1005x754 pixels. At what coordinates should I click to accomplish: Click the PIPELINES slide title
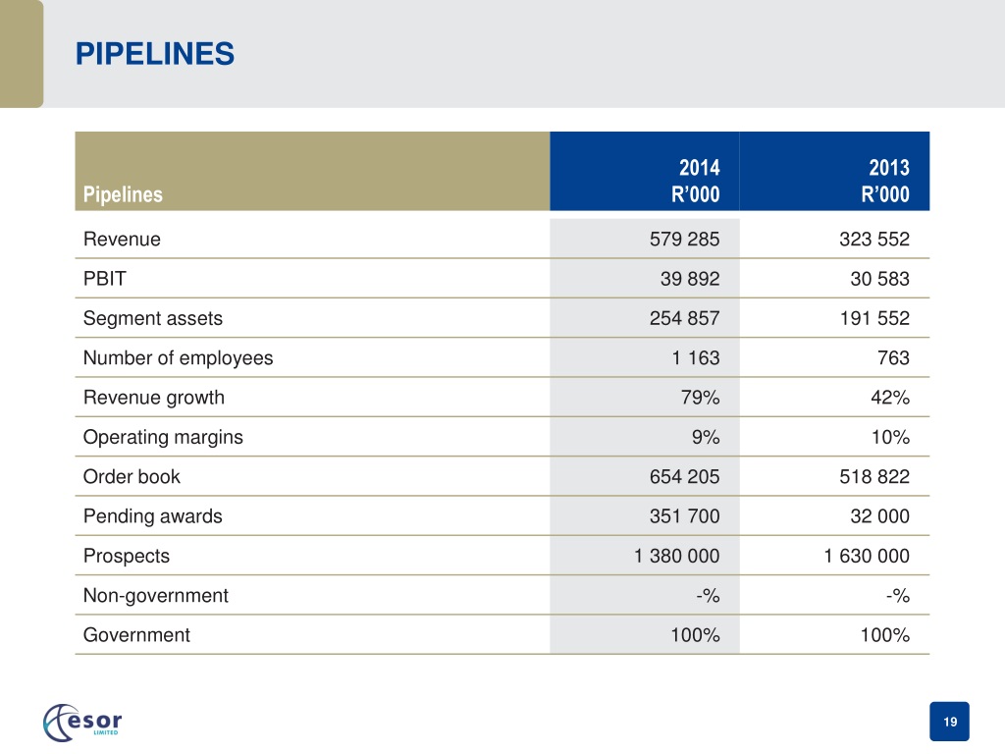click(x=155, y=54)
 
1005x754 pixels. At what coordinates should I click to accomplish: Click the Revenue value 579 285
click(x=684, y=240)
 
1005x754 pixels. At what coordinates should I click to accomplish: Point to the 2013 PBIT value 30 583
click(x=879, y=279)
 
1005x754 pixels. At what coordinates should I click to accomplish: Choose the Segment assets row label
click(x=152, y=319)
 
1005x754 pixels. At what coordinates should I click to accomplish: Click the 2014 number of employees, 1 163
click(x=696, y=357)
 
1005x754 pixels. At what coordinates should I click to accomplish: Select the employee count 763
click(x=893, y=357)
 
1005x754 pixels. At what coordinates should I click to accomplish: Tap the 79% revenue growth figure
click(x=700, y=398)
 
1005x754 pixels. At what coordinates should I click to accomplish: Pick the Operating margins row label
click(x=164, y=437)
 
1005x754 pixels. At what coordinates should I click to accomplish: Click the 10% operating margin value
click(x=890, y=437)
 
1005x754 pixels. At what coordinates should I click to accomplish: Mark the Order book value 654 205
click(x=684, y=476)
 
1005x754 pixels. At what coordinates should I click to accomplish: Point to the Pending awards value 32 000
click(x=879, y=516)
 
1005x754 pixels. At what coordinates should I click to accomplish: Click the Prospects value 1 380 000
click(x=677, y=556)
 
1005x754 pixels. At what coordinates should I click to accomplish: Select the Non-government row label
click(x=156, y=596)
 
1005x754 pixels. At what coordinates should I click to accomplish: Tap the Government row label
click(x=136, y=635)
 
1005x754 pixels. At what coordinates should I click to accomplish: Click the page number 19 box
click(x=949, y=722)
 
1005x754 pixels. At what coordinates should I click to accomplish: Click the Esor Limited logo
click(x=82, y=723)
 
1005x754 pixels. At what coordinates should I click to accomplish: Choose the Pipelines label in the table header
click(x=123, y=194)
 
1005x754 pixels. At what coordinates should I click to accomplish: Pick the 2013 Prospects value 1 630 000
click(x=867, y=556)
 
